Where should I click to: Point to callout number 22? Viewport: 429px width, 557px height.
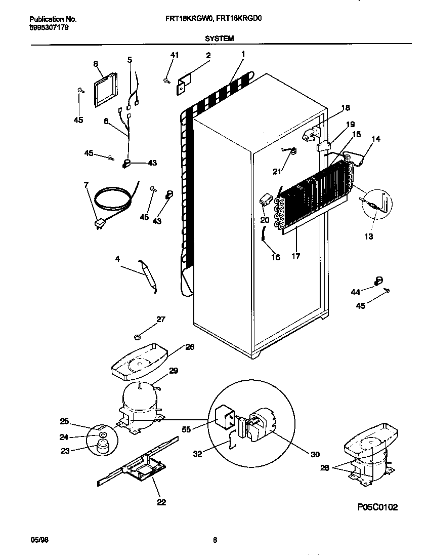coord(161,502)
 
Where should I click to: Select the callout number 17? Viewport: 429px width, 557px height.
coord(295,256)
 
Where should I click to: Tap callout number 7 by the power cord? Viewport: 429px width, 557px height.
coord(86,185)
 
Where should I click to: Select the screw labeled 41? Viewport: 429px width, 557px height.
coord(166,78)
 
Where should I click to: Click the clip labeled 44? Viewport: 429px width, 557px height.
coord(378,280)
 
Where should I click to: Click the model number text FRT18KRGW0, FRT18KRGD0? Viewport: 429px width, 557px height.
coord(213,19)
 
